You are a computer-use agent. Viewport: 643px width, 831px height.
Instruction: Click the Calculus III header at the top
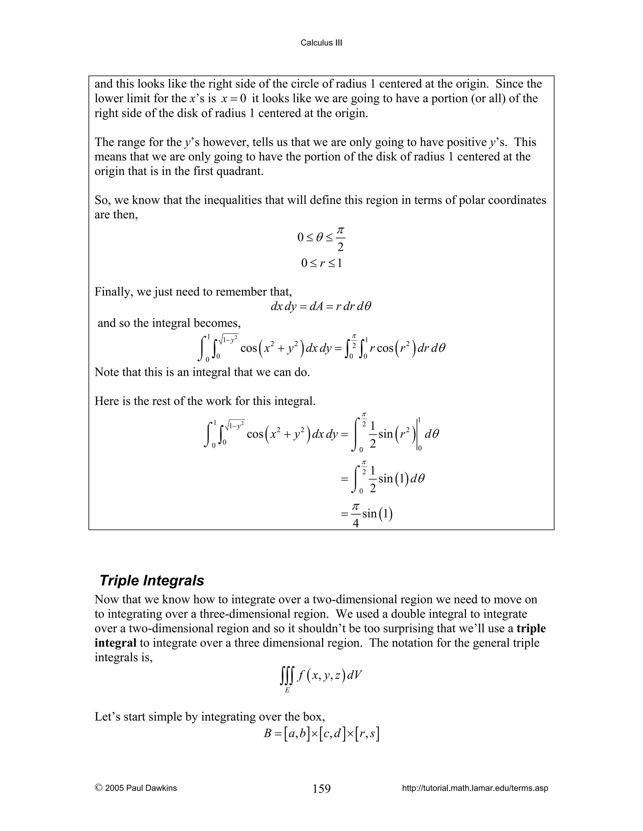coord(321,43)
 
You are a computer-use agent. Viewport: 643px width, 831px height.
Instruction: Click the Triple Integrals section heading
coord(152,581)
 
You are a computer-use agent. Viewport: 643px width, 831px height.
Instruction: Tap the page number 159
coord(321,789)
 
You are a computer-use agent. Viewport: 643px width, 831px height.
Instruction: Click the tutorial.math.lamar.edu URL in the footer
coord(475,788)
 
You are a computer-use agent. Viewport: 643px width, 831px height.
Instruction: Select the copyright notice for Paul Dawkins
coord(136,788)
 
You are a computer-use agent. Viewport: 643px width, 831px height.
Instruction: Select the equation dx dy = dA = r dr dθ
coord(321,307)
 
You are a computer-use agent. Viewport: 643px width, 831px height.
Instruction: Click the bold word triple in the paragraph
coord(531,628)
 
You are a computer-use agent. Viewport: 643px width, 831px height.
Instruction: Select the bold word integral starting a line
coord(116,643)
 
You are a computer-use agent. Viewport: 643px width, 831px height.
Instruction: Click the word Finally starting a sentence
coord(111,292)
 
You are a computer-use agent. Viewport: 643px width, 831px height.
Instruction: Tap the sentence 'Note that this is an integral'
coord(202,372)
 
